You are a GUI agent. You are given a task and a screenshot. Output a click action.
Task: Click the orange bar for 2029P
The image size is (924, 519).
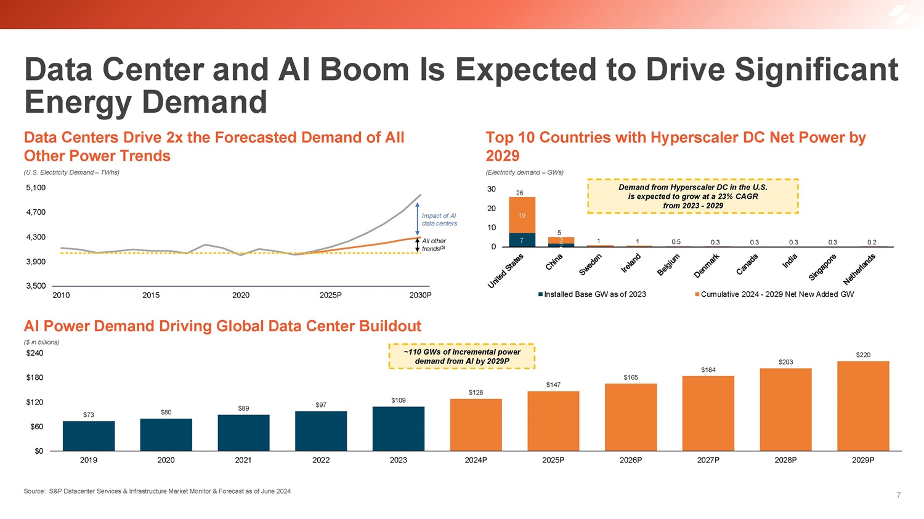(863, 406)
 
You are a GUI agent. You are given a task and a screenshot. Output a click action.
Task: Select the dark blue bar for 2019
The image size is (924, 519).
(89, 436)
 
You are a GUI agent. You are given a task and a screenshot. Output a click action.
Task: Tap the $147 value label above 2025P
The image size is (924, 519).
(553, 385)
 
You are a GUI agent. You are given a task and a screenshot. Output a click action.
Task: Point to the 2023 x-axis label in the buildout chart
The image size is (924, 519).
(398, 460)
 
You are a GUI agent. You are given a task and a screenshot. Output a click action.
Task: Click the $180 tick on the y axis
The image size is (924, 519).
(34, 377)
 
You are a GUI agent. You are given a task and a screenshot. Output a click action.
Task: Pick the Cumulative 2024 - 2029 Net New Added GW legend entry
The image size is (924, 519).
(774, 294)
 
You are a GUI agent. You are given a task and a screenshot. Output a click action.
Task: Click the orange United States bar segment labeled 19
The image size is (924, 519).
(522, 215)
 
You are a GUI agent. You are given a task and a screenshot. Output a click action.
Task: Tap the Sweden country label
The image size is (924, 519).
(591, 265)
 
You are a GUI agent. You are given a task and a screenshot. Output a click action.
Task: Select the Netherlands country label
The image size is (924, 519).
(859, 269)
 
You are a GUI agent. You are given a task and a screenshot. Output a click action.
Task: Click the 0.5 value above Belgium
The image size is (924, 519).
(676, 242)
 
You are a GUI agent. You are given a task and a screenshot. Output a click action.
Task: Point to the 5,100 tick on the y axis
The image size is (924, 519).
(36, 188)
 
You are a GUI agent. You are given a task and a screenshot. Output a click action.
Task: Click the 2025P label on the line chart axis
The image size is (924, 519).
(331, 296)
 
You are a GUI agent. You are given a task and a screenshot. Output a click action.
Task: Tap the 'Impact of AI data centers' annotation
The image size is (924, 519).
(439, 220)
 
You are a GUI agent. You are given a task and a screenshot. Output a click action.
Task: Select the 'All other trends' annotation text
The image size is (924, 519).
(434, 244)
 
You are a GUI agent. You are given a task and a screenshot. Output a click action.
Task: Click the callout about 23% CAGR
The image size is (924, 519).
(692, 196)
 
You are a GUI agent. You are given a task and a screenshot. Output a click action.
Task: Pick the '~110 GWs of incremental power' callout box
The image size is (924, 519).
(462, 356)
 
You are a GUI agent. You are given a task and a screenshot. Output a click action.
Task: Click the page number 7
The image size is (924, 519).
(898, 495)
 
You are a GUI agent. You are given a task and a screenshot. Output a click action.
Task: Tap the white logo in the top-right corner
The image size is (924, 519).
(901, 15)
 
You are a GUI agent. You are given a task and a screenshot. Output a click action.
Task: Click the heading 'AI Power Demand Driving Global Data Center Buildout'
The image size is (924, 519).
(222, 326)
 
